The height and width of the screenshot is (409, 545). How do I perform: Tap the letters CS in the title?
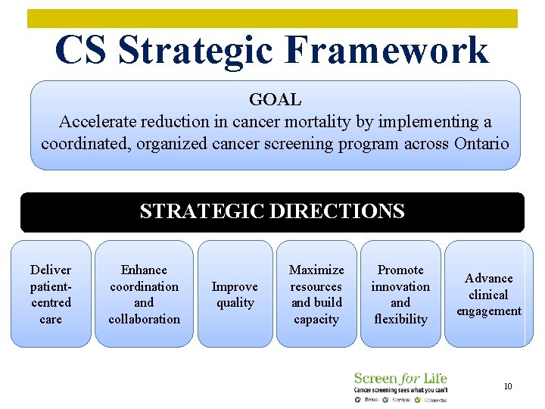(83, 51)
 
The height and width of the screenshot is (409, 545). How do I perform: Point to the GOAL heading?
(275, 99)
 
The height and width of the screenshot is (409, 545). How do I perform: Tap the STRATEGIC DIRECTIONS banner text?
(272, 211)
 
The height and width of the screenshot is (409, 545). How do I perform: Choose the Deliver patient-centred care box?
(51, 294)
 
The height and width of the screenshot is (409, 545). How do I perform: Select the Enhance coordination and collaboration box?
(144, 294)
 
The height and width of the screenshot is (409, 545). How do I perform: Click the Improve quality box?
(235, 294)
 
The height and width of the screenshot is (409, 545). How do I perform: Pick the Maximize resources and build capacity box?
(316, 294)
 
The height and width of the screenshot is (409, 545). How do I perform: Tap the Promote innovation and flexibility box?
(400, 294)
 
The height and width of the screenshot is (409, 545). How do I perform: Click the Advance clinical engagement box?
(488, 294)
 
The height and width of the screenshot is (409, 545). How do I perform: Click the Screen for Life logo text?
(400, 378)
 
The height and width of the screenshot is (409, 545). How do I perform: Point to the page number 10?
(508, 386)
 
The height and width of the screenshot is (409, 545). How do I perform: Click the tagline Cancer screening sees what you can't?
(400, 389)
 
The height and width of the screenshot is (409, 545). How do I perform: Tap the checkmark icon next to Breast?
(357, 399)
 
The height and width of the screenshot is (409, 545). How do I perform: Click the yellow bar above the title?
(272, 18)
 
